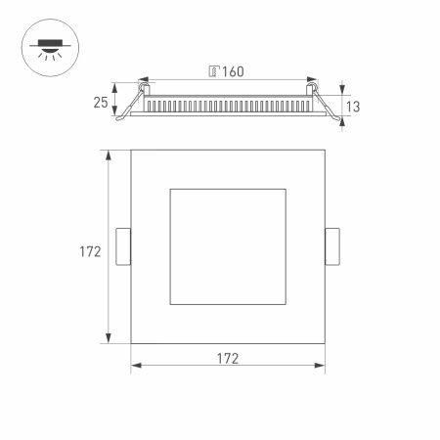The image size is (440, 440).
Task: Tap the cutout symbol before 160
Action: pos(215,70)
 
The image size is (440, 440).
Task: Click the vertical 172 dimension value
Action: pos(90,251)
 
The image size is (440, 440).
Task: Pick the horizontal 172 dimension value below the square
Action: pos(227,358)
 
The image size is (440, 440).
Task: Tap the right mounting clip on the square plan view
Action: pos(332,246)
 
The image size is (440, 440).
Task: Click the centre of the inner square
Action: pos(227,246)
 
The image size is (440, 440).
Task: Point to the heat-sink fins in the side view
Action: pos(227,104)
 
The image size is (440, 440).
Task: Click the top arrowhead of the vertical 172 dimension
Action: pos(109,153)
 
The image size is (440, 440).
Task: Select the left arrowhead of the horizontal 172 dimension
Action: pos(134,367)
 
